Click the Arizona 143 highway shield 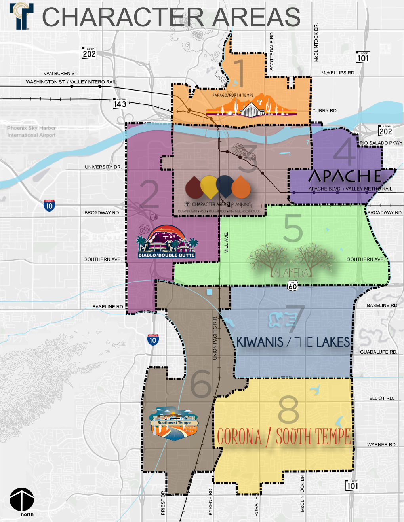[120, 103]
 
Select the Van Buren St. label [61, 73]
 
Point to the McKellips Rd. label [338, 73]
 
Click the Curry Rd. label [325, 111]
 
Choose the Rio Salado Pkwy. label [381, 143]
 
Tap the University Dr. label [103, 167]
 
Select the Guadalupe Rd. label [378, 352]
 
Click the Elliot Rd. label [381, 398]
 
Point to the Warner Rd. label [381, 445]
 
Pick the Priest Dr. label [163, 503]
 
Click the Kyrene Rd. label [210, 501]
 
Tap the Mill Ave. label [226, 243]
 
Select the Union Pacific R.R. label [215, 338]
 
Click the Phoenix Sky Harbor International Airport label [31, 132]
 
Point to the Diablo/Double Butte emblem [166, 242]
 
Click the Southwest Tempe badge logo [173, 424]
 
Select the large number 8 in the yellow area [288, 410]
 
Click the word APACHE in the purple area [345, 176]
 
